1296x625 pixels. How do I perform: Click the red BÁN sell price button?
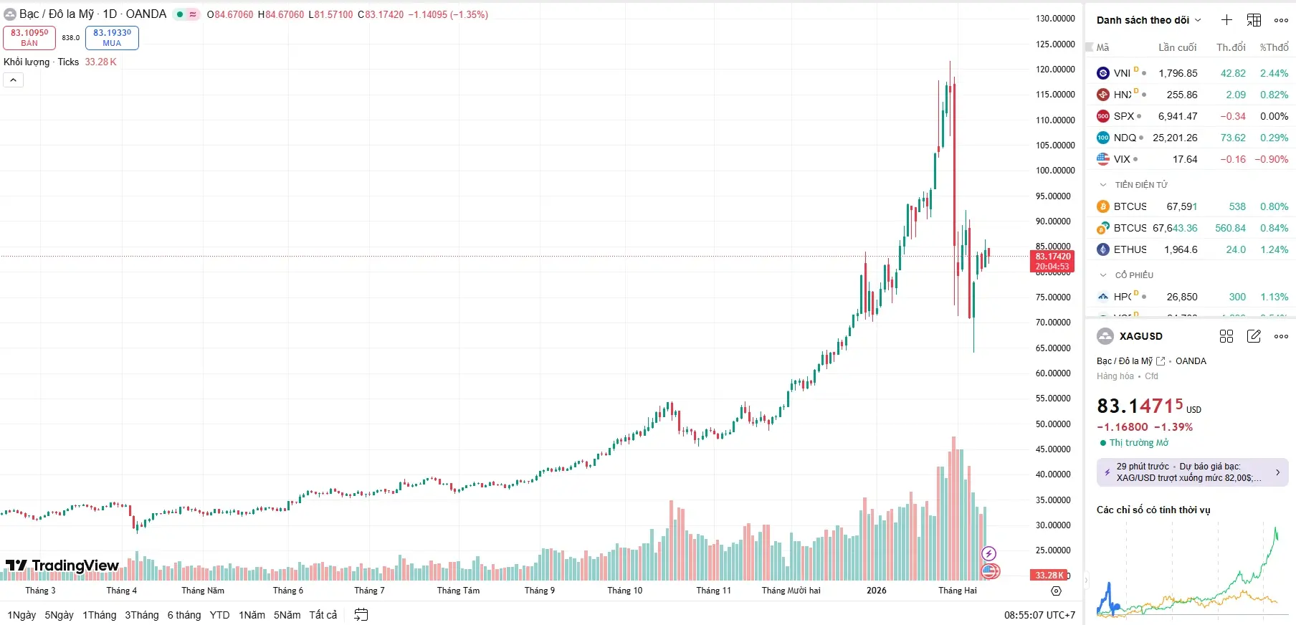(x=29, y=37)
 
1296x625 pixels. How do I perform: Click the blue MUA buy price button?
(x=112, y=37)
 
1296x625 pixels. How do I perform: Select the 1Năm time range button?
(x=252, y=615)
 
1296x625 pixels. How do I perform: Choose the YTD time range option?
(x=219, y=615)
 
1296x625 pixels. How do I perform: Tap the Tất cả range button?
(x=323, y=615)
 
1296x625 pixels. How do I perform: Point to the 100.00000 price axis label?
(x=1055, y=171)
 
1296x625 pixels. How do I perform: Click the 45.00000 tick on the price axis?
(x=1055, y=449)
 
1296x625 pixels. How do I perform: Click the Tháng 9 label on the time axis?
(x=539, y=591)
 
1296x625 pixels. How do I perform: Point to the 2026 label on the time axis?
(x=876, y=591)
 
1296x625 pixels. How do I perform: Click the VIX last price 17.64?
(x=1185, y=159)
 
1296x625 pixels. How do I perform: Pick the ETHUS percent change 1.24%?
(x=1274, y=249)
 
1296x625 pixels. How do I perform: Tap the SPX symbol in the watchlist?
(x=1123, y=116)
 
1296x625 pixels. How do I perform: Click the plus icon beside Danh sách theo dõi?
(x=1226, y=20)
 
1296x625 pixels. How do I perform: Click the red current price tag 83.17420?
(x=1052, y=261)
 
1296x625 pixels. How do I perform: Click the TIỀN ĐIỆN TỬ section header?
(x=1141, y=185)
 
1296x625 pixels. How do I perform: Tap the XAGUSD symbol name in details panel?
(x=1140, y=336)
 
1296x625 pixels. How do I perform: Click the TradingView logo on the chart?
(x=62, y=566)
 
